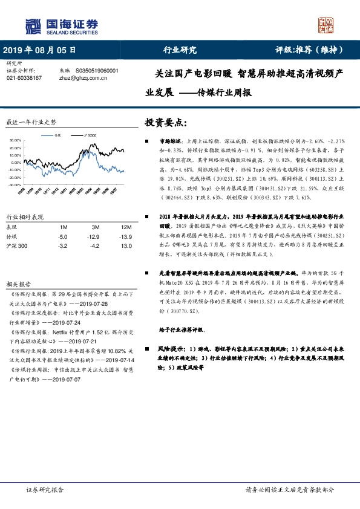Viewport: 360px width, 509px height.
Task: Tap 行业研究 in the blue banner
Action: tap(180, 50)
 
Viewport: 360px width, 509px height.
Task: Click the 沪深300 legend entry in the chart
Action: tap(90, 136)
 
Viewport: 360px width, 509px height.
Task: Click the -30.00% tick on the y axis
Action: tap(15, 184)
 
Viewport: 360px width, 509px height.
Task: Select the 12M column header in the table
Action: tap(110, 226)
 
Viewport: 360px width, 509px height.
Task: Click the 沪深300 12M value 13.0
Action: tap(110, 247)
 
